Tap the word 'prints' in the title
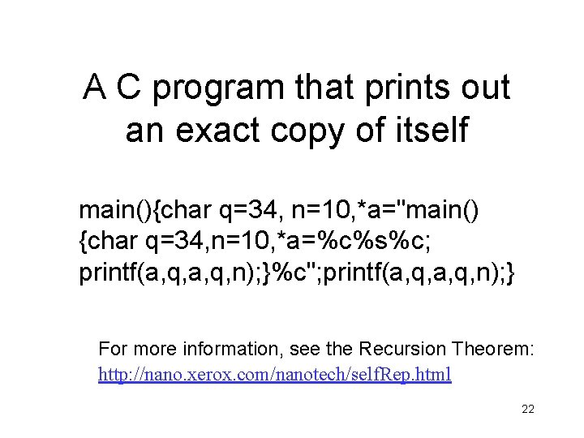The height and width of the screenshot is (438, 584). click(x=410, y=88)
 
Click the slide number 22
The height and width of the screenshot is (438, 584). click(x=527, y=410)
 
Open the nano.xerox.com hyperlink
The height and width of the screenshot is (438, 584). click(x=275, y=375)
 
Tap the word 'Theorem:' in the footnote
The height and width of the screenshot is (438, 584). click(x=493, y=350)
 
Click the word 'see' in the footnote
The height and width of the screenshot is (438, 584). click(x=318, y=350)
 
